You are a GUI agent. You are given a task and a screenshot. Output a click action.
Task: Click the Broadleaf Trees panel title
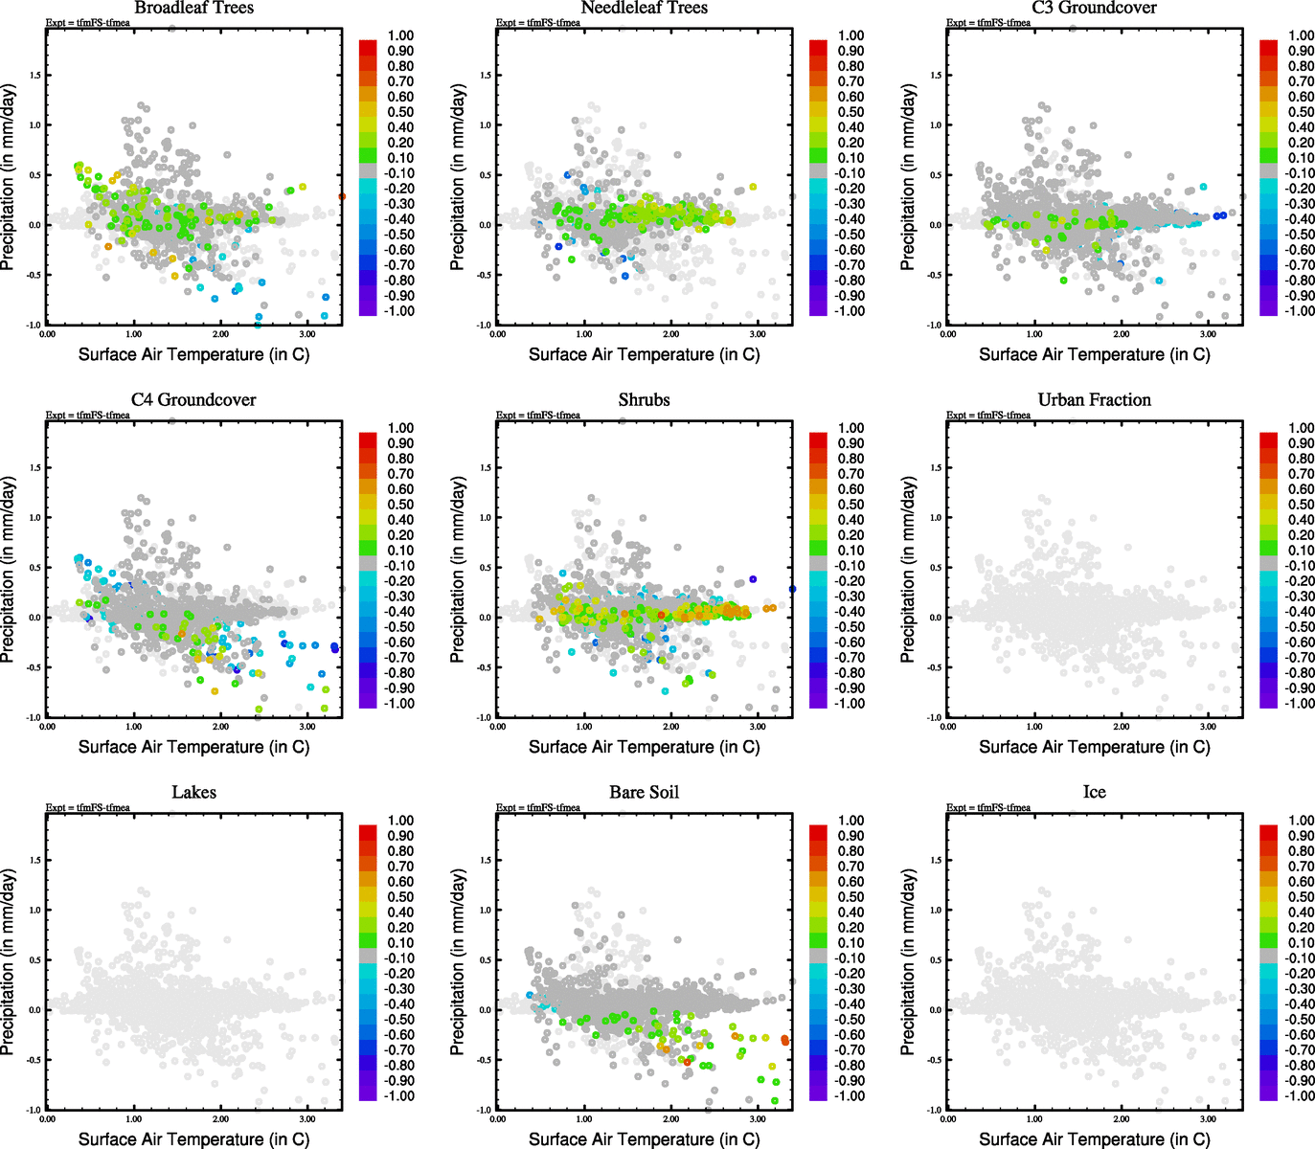[193, 9]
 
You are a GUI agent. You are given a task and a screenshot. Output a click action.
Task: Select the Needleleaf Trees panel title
[644, 9]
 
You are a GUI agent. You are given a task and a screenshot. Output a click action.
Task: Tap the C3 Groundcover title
[1094, 9]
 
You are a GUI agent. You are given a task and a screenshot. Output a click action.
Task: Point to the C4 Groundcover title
[193, 400]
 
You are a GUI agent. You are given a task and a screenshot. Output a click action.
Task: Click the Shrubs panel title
[644, 400]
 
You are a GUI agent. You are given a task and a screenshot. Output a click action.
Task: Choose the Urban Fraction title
[1094, 400]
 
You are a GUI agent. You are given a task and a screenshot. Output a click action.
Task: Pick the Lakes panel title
[193, 793]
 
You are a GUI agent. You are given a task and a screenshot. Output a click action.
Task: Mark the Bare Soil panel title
[644, 793]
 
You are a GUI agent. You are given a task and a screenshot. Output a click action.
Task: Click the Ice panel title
[1094, 793]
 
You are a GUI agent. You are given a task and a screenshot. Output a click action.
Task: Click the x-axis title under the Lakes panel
[193, 1138]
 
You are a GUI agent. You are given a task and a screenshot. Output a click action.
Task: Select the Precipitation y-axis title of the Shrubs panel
[458, 570]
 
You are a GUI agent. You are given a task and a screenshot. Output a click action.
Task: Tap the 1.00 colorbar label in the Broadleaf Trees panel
[400, 35]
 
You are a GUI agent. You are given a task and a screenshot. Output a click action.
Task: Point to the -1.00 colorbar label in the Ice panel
[1299, 1095]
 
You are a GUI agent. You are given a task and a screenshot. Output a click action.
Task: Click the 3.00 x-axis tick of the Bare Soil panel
[757, 1118]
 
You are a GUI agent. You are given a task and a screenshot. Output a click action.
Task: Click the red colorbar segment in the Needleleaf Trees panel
[818, 47]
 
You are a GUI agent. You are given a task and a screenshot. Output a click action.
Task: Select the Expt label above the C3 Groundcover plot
[988, 23]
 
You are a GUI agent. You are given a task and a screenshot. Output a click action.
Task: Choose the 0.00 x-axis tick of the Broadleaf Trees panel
[47, 334]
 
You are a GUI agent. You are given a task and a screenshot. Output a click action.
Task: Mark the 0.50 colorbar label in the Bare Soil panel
[850, 897]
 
